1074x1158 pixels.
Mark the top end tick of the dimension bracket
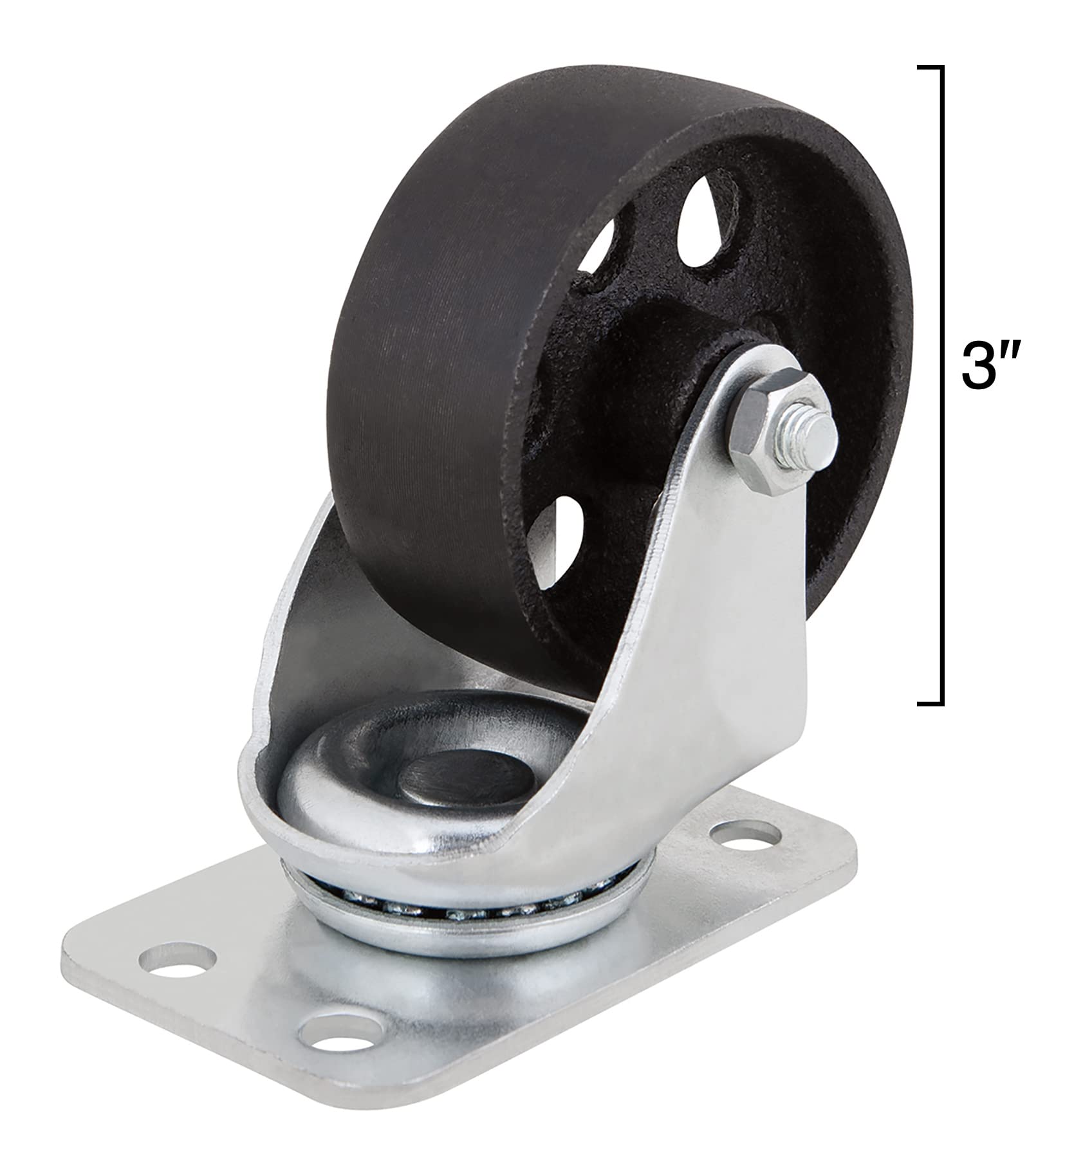pos(931,67)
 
